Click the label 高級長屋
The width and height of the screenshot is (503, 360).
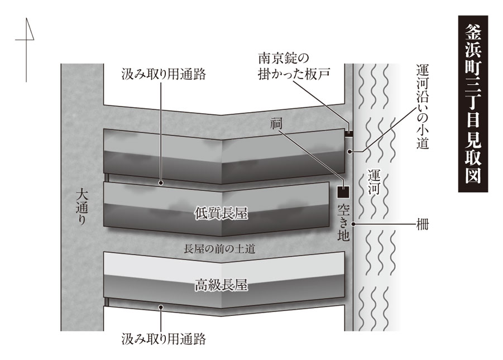point(221,286)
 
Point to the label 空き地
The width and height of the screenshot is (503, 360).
point(343,223)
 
